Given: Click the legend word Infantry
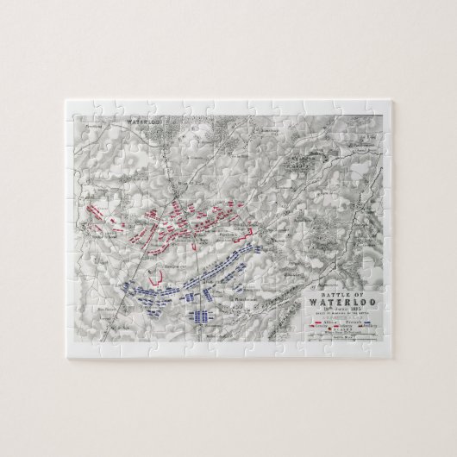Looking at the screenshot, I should pyautogui.click(x=347, y=327).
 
